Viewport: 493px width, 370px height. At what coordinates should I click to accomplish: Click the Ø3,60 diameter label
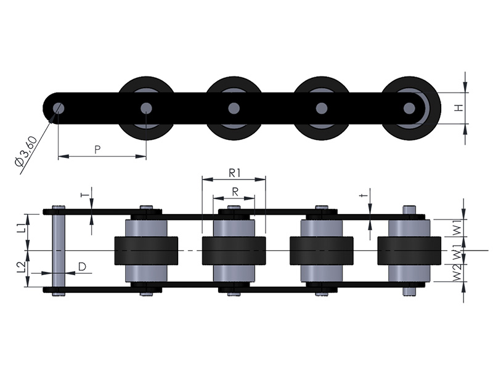tap(26, 151)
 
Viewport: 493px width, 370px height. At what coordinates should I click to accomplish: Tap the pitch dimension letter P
tap(97, 149)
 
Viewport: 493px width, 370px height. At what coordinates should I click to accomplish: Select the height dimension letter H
tap(459, 109)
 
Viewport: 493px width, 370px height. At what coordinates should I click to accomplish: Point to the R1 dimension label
tap(235, 173)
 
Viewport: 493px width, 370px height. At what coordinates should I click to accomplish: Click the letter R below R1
tap(235, 192)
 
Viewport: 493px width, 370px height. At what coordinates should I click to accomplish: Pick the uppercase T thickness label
tap(84, 195)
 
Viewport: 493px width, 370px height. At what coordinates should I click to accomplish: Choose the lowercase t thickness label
tap(364, 195)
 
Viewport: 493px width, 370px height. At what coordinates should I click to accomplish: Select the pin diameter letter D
tap(82, 267)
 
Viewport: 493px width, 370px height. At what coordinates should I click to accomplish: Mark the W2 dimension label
tap(457, 273)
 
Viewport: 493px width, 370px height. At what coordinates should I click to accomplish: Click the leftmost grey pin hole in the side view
tap(58, 109)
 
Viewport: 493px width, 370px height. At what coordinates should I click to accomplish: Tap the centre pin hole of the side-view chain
tap(234, 109)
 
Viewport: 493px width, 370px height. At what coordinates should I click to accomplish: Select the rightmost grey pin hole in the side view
tap(409, 109)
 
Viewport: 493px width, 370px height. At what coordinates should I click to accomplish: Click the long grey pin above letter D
tap(59, 250)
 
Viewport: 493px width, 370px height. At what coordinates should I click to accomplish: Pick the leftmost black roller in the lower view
tap(146, 250)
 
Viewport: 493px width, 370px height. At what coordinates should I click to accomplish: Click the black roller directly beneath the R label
tap(234, 250)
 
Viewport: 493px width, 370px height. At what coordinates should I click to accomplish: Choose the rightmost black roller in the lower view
tap(409, 250)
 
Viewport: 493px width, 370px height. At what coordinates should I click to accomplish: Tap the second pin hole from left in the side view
tap(146, 109)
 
